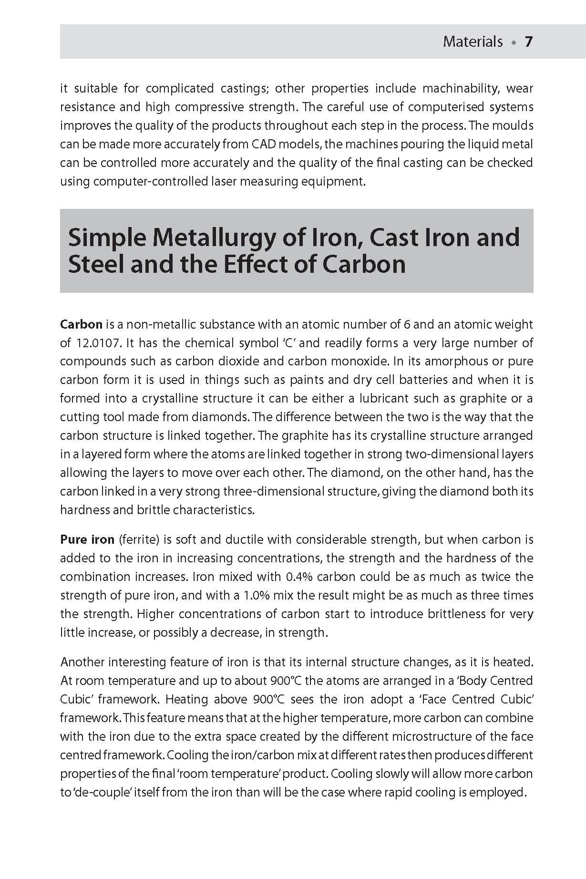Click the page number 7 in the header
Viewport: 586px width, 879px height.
click(x=528, y=42)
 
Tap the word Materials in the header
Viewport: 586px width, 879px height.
click(x=473, y=42)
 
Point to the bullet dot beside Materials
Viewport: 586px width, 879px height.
click(x=514, y=43)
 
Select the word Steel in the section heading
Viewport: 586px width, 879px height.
click(x=95, y=265)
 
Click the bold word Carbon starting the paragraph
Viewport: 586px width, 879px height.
click(x=81, y=325)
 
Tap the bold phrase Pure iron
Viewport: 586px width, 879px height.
click(x=87, y=540)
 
